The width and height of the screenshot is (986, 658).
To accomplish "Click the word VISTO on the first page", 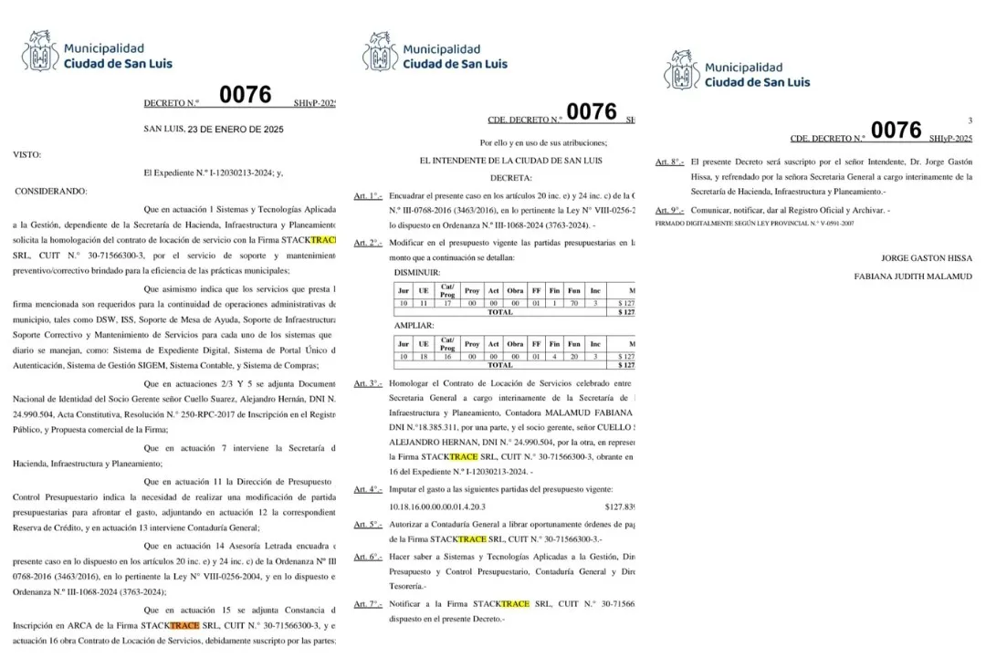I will [x=26, y=154].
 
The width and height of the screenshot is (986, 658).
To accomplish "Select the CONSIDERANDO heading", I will [x=51, y=191].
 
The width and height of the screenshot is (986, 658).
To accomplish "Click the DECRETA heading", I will [x=511, y=178].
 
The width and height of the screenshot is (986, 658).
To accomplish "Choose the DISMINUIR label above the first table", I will [x=417, y=272].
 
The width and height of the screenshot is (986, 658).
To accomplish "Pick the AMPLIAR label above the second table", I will [x=413, y=325].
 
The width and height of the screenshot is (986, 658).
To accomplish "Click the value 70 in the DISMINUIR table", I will [x=575, y=302].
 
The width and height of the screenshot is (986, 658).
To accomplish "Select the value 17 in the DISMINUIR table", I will [x=447, y=302].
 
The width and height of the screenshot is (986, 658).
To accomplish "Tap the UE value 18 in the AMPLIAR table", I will [x=423, y=356].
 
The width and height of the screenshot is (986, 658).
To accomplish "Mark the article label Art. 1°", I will [x=368, y=196].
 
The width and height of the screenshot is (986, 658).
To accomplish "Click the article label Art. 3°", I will [x=368, y=384].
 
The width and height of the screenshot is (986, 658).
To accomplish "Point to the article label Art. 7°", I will [x=368, y=604].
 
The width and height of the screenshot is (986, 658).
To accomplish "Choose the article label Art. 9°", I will [x=669, y=211].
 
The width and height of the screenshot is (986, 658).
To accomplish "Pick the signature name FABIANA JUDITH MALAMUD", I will [x=913, y=277].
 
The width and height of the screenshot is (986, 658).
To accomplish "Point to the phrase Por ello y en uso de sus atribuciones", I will [x=543, y=142].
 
